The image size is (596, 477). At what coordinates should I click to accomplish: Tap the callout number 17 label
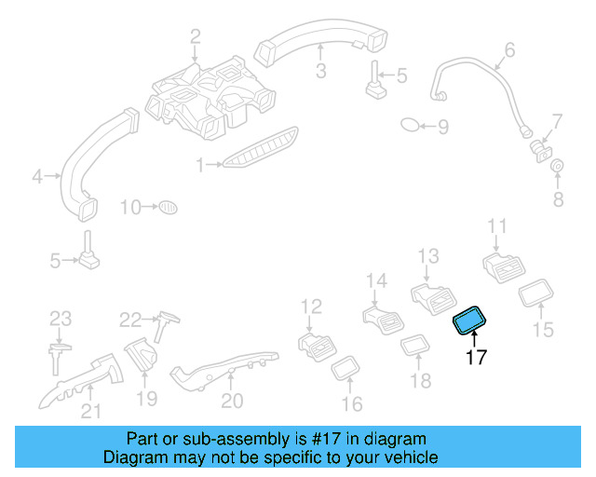tap(475, 357)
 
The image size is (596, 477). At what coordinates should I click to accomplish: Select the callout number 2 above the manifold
tap(196, 37)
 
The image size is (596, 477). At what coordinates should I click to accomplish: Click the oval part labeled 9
tap(411, 125)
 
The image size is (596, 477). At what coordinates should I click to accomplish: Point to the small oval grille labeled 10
tap(166, 206)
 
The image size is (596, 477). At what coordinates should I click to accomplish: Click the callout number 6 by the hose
tap(509, 49)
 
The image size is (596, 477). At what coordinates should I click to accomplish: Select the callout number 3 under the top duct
tap(319, 71)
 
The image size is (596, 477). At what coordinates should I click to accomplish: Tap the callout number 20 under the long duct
tap(232, 401)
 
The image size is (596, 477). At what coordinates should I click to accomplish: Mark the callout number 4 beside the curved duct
tap(37, 175)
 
